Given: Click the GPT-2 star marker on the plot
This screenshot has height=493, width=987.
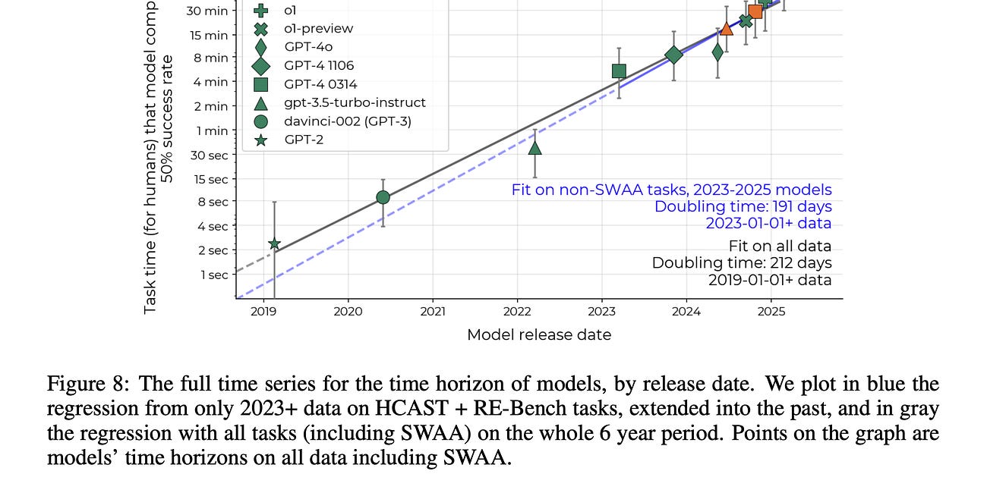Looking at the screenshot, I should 274,243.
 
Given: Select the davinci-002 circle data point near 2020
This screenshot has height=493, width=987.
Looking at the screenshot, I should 383,197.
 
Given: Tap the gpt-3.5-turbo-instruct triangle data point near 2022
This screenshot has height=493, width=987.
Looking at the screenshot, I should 535,149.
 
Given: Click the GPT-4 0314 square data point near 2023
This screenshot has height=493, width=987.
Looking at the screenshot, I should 619,71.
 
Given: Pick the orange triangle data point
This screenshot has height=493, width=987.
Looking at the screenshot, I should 727,28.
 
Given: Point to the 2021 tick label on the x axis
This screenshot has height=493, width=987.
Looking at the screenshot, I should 433,311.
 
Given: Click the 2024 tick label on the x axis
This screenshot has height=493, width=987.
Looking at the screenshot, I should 686,311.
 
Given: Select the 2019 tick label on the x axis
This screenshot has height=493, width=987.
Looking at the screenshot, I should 263,311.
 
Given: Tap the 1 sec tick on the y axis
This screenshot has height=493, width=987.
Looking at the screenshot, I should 214,275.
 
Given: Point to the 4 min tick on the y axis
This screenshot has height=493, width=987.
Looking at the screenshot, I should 213,82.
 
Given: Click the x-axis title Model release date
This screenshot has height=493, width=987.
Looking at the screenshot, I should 539,334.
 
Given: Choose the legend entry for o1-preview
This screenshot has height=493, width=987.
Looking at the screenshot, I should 318,29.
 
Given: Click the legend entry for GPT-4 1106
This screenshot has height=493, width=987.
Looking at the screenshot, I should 319,65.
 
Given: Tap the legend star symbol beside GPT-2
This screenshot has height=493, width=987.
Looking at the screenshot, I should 261,139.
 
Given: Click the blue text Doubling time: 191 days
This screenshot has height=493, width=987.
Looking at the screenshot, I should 743,206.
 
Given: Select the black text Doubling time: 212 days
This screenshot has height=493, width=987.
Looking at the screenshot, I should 741,263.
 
